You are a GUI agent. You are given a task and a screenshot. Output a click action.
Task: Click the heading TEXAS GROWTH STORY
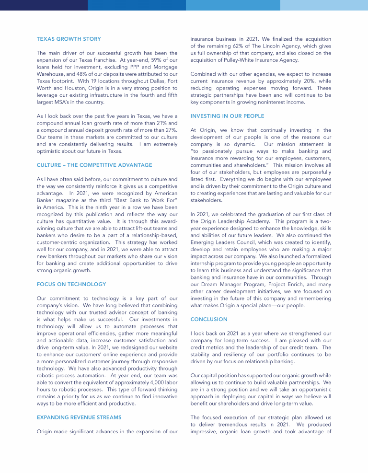coord(69,39)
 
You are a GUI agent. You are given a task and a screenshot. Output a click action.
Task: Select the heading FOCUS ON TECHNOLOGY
coord(71,284)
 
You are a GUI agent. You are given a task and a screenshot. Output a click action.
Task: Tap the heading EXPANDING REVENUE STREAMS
coord(79,417)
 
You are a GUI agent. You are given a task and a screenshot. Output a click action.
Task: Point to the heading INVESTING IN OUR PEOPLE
coord(227,116)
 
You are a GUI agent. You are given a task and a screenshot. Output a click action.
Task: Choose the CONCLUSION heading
coord(209,319)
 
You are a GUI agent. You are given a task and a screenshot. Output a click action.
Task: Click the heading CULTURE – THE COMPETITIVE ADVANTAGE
coord(94,165)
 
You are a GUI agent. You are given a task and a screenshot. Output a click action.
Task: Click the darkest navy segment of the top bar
coord(44,5)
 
